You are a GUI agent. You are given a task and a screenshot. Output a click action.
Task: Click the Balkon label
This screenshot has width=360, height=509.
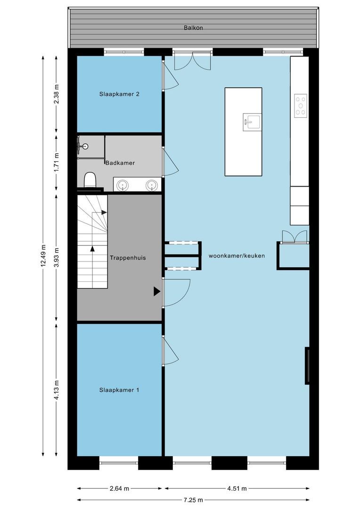tap(193, 28)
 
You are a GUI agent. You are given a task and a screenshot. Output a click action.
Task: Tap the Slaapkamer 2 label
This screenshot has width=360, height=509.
tap(120, 94)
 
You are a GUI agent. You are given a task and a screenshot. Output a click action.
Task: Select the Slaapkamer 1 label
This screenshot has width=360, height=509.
tap(119, 390)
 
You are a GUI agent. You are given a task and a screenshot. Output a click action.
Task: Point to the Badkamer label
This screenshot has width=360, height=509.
tap(120, 163)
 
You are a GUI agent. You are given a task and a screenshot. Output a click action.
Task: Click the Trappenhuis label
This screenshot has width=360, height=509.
tap(128, 258)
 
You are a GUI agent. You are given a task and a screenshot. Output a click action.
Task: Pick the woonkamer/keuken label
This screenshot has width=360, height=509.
tap(237, 256)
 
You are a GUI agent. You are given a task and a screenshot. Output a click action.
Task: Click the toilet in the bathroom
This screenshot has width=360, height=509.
tap(90, 180)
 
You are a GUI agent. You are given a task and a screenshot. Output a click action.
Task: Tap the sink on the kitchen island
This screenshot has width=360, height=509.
tap(252, 122)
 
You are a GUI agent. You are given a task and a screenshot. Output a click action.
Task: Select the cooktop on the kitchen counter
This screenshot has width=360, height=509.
tap(301, 106)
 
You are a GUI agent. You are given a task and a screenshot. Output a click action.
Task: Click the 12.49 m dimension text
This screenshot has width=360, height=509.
tap(43, 256)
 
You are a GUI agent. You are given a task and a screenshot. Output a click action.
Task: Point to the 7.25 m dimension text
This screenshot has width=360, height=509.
tap(193, 500)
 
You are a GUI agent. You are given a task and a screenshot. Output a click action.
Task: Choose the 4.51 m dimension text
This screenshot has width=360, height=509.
tap(237, 488)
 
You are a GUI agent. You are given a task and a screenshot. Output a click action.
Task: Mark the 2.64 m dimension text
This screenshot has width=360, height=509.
tap(120, 488)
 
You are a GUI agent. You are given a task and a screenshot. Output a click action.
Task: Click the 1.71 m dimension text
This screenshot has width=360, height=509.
tap(57, 162)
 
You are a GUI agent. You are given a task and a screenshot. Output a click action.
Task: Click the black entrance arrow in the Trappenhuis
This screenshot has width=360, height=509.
tap(157, 292)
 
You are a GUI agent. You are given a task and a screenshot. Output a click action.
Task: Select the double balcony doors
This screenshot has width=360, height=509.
tap(193, 61)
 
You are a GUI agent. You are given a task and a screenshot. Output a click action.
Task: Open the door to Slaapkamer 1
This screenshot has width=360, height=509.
tap(171, 351)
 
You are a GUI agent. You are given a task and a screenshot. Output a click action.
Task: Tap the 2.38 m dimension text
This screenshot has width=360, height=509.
tap(57, 94)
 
